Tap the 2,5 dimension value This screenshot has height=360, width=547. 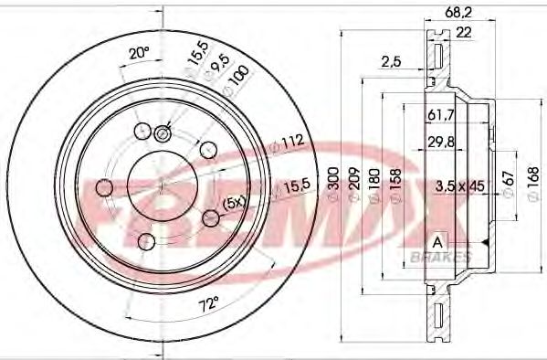(x=391, y=61)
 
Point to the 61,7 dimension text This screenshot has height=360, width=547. (x=440, y=114)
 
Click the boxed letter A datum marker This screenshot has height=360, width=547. (x=438, y=241)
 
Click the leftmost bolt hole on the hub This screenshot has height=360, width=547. (x=103, y=188)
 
